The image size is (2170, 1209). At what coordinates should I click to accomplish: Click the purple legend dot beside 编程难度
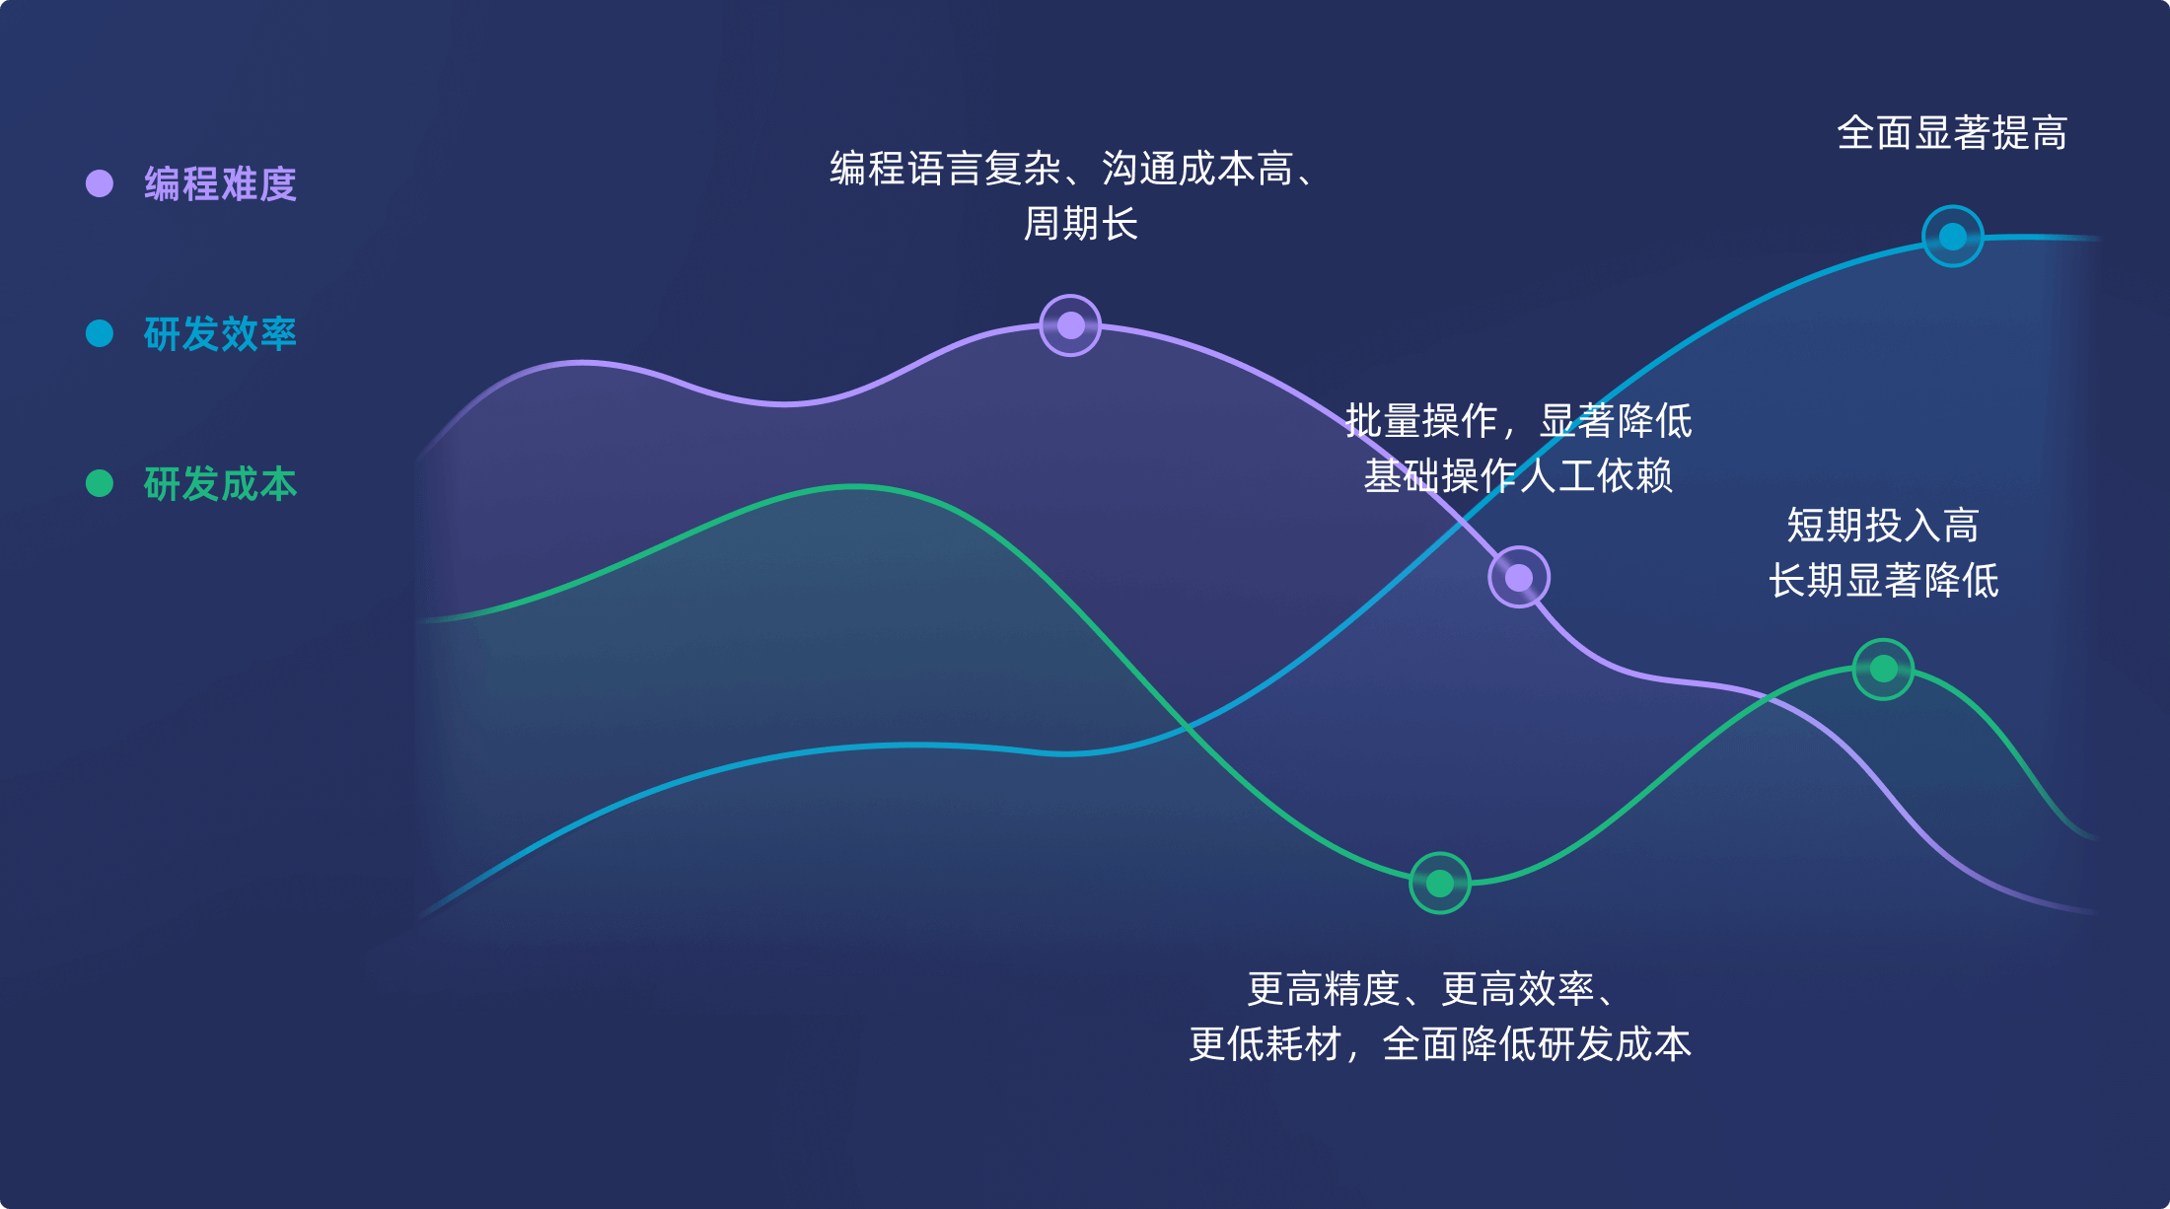pos(100,183)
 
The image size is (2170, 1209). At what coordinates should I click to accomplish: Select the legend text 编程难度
pos(220,184)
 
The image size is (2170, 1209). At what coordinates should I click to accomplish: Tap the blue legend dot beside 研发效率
pos(100,333)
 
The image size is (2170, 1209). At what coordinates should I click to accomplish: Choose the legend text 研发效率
pos(220,334)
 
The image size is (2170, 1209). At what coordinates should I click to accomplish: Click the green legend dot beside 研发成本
pos(100,483)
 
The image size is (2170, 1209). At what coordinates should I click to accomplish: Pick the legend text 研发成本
pos(220,484)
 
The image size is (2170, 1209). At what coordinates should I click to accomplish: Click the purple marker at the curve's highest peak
pos(1070,325)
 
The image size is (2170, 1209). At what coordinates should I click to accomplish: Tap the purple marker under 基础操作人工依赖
pos(1519,577)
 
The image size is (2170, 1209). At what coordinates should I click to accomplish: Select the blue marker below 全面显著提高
pos(1953,237)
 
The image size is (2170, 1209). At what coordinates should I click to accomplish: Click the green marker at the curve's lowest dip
pos(1440,883)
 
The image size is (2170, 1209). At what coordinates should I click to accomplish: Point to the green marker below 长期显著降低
pos(1884,670)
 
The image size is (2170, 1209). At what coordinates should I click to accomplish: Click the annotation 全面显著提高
pos(1952,133)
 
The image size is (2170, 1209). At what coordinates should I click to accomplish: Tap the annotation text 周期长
pos(1081,224)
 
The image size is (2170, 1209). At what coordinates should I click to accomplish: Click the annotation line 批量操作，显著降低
pos(1518,421)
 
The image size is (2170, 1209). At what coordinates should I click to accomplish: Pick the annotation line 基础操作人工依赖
pos(1518,476)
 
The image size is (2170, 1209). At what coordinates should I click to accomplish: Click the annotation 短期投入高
pos(1883,526)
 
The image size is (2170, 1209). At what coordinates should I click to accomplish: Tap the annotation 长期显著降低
pos(1883,581)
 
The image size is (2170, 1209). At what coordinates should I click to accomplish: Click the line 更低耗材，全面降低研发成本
pos(1440,1044)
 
